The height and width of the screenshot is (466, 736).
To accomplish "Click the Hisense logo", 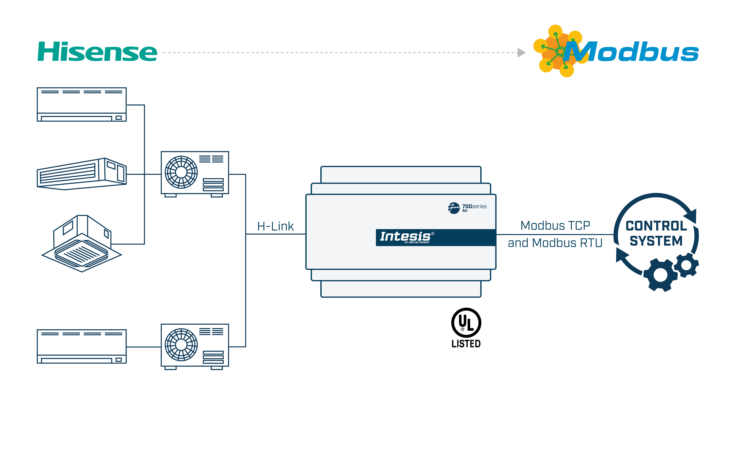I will point(97,52).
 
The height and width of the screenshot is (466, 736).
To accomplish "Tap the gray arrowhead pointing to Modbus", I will point(521,53).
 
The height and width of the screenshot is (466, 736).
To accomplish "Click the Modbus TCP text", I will point(555,226).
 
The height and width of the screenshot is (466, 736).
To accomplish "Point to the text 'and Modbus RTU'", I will point(555,243).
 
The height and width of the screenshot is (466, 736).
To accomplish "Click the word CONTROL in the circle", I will point(656,226).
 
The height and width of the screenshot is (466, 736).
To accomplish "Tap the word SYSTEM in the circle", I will point(656,241).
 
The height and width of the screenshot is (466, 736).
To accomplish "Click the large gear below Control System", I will point(660,275).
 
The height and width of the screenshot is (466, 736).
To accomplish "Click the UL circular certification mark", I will point(466,323).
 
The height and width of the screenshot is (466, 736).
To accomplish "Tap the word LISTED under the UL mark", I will point(466,344).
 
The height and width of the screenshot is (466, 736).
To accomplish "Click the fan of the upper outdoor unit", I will point(181,172).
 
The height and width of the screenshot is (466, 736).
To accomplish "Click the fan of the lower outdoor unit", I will point(181,345).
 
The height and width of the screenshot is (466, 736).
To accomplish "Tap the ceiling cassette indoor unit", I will point(82,244).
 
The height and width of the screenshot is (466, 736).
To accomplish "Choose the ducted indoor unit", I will point(82,174).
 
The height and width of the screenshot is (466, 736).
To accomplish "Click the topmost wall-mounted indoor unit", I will point(82,105).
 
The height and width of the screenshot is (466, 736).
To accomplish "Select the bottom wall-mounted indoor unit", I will point(82,346).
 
